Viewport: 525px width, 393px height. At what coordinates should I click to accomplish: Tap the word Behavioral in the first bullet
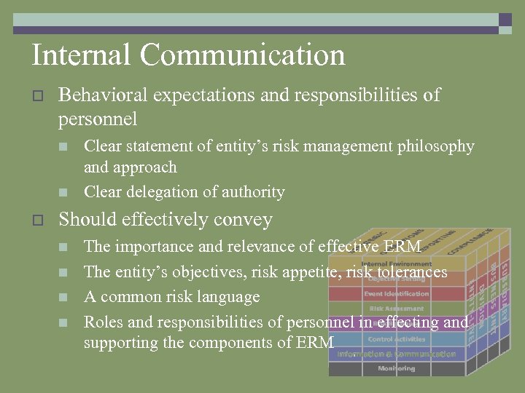click(x=102, y=95)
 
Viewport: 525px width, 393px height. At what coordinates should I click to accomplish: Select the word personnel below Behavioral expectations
click(x=98, y=119)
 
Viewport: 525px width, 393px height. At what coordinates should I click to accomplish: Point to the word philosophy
click(x=435, y=146)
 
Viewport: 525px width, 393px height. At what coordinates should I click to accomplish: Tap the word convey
click(x=248, y=220)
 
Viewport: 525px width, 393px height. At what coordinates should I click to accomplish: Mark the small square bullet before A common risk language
click(x=63, y=297)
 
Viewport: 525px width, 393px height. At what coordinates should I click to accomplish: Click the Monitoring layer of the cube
click(x=396, y=369)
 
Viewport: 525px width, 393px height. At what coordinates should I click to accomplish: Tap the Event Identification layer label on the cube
click(x=396, y=294)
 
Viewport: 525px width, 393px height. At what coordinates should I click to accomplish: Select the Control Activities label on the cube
click(x=396, y=339)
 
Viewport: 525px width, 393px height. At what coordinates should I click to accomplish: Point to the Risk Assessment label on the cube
click(x=396, y=309)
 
